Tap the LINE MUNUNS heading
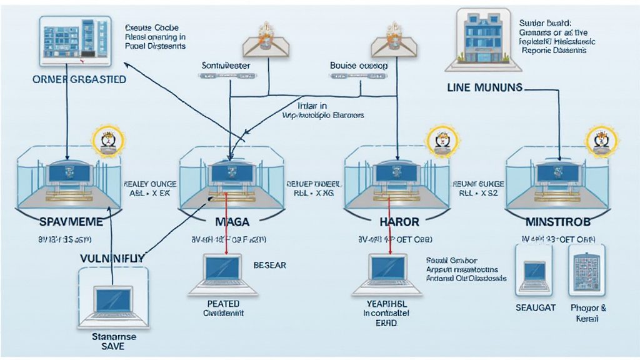point(484,88)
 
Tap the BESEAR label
point(269,265)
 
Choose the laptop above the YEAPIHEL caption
point(387,273)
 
